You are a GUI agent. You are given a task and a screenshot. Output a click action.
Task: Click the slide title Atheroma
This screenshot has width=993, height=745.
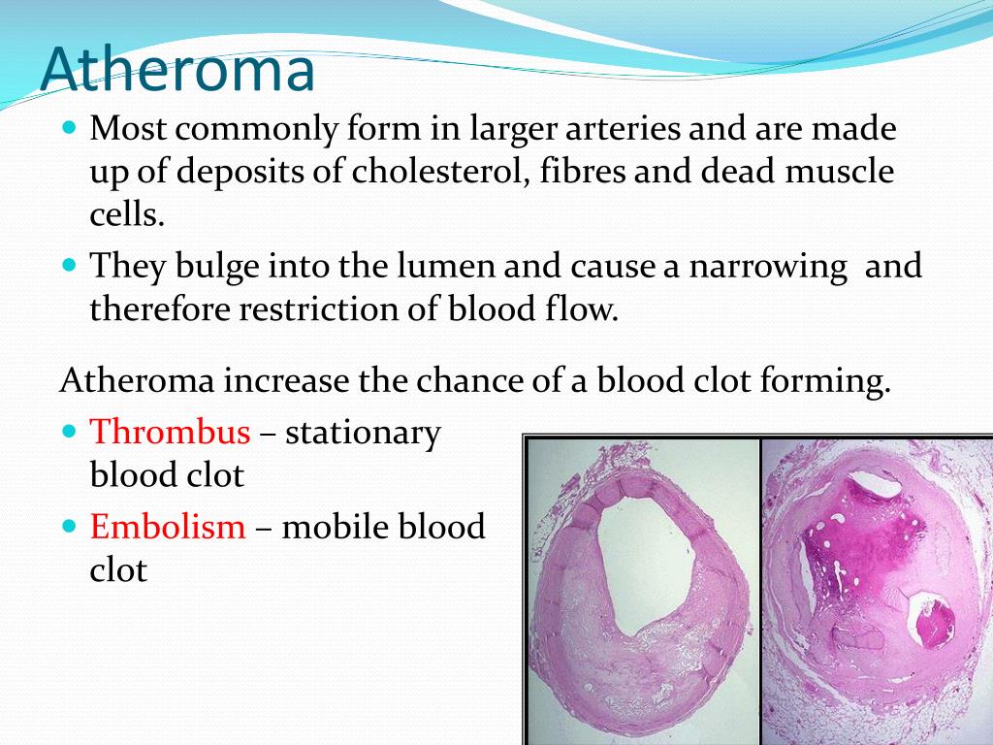pyautogui.click(x=178, y=70)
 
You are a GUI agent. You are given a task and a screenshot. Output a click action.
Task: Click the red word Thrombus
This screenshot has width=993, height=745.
pyautogui.click(x=170, y=433)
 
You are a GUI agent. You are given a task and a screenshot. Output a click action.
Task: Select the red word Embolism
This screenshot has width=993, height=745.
pyautogui.click(x=168, y=527)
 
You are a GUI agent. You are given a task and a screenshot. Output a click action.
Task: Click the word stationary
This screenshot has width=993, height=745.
pyautogui.click(x=363, y=433)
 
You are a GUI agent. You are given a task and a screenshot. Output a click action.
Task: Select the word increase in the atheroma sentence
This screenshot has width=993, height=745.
pyautogui.click(x=287, y=380)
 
